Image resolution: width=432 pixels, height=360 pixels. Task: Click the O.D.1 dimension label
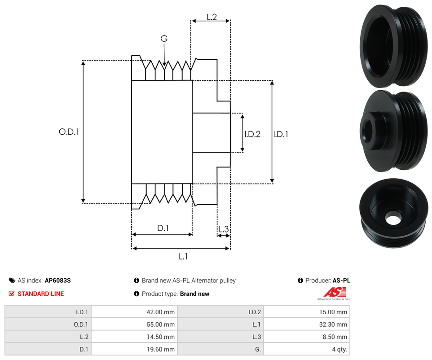pos(69,132)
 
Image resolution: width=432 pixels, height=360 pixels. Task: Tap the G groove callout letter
pos(164,39)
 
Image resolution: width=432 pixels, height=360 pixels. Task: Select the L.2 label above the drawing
pos(212,17)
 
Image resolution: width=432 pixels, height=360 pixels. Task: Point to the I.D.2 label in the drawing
pos(252,134)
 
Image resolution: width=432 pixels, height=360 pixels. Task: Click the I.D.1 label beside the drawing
pos(281,134)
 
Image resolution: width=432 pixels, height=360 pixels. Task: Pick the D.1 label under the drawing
pos(163,228)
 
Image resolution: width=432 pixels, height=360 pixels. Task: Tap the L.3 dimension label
pos(223,229)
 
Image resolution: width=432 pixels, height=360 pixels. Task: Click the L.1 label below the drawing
pos(183,257)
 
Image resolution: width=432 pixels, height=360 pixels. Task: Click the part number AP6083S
pos(57,281)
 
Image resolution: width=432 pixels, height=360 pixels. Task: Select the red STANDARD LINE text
pos(40,294)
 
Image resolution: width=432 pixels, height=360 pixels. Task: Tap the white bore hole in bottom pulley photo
pos(393,220)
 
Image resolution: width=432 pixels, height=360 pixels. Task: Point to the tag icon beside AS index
pos(12,281)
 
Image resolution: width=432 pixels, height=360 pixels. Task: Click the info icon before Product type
pos(137,294)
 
